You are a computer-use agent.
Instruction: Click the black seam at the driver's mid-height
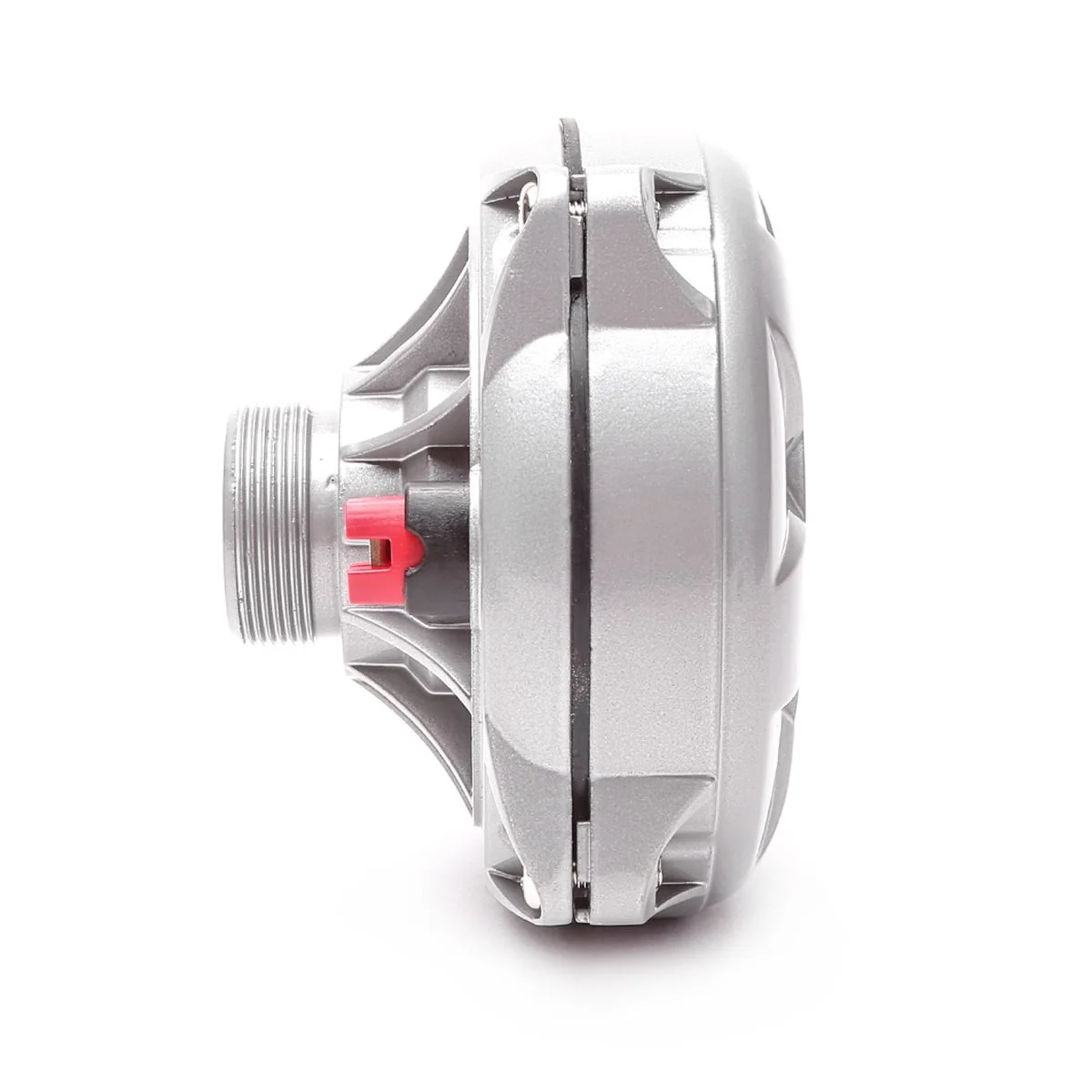pyautogui.click(x=581, y=537)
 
